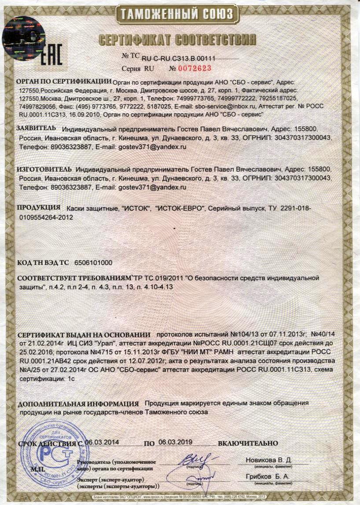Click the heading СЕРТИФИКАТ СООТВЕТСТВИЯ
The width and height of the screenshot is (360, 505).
pyautogui.click(x=178, y=39)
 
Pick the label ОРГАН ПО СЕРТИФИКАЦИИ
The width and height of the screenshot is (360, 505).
pyautogui.click(x=63, y=81)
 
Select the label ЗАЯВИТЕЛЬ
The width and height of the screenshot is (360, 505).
pyautogui.click(x=36, y=128)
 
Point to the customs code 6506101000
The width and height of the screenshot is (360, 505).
pyautogui.click(x=94, y=263)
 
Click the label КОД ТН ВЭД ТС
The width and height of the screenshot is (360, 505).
pyautogui.click(x=43, y=263)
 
